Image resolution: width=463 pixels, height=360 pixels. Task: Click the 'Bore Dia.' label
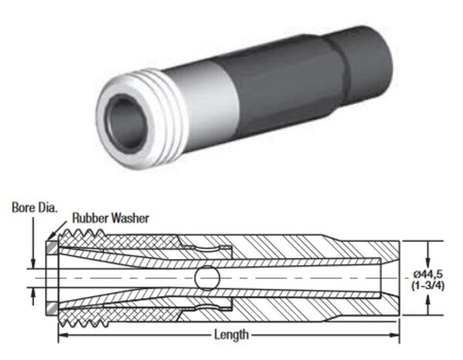(35, 207)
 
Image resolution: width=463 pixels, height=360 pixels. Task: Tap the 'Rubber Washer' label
(110, 218)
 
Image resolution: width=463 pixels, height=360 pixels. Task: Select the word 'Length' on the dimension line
(231, 335)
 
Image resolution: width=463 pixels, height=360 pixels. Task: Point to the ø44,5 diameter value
(428, 274)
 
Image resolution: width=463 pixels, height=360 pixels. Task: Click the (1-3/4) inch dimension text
(428, 286)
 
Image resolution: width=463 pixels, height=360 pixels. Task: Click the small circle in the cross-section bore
(208, 278)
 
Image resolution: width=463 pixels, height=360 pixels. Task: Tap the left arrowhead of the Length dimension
(63, 335)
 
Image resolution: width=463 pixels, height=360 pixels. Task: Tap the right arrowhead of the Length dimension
(395, 335)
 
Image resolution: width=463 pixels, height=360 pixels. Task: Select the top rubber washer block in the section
(52, 247)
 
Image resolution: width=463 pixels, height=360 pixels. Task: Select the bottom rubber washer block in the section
(52, 308)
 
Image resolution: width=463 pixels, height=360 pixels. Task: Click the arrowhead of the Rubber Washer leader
(50, 237)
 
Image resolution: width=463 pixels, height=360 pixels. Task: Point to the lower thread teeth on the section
(83, 322)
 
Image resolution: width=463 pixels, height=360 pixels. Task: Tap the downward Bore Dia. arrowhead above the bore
(33, 264)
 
